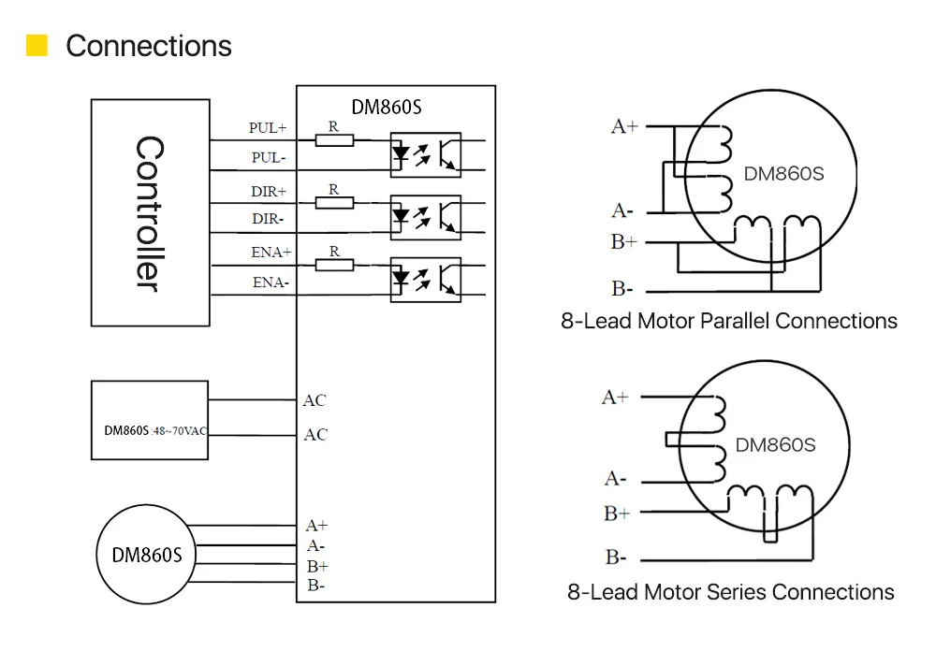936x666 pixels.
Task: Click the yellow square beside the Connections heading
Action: point(37,45)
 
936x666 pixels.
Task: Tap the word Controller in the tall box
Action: point(149,213)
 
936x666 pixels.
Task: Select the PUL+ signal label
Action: point(268,128)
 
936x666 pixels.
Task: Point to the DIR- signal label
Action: point(268,219)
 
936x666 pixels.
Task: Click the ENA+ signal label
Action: point(271,253)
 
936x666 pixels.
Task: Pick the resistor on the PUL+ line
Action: point(334,141)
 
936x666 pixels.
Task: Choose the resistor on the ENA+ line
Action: point(334,265)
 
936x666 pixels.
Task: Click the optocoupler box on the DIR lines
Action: point(426,217)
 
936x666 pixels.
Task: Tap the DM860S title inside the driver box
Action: point(387,108)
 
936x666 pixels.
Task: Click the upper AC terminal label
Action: point(314,399)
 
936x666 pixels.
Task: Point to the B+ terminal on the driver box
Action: point(317,566)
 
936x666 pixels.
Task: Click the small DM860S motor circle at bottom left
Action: point(146,555)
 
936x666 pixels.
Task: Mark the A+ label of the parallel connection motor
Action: point(624,126)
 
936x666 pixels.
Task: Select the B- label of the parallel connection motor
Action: point(622,289)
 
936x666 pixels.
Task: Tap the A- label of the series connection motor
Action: point(616,479)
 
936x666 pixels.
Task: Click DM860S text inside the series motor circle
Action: point(775,445)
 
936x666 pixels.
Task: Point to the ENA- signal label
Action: point(271,282)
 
